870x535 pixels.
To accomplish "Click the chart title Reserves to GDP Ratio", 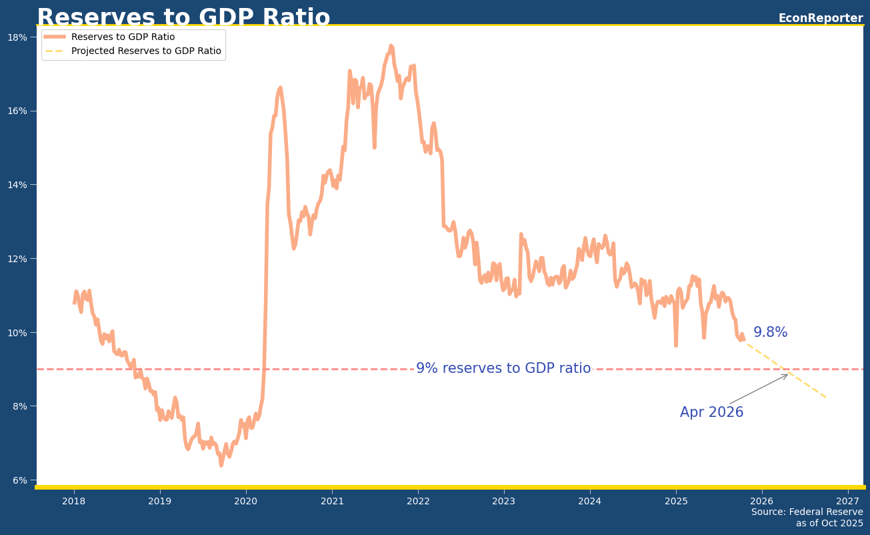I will click(x=183, y=17).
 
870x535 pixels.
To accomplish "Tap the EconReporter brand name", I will click(x=820, y=18).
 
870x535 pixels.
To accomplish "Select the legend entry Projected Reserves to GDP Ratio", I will click(x=146, y=51).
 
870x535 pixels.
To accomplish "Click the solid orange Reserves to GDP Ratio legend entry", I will click(x=123, y=37).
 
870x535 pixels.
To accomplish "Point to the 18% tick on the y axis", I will click(x=18, y=37).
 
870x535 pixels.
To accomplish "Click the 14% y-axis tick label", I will click(x=18, y=185).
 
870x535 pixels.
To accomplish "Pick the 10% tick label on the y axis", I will click(x=18, y=332).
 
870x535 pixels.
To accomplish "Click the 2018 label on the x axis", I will click(x=73, y=501).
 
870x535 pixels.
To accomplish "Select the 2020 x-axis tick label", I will click(x=245, y=501).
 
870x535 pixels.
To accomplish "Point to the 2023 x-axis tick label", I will click(x=504, y=501).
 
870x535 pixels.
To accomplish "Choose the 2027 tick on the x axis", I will click(x=848, y=501).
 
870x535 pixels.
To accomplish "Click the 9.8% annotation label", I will click(x=770, y=332).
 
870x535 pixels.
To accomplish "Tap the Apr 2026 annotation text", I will click(x=711, y=412).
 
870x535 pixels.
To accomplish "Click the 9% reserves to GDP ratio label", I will click(x=503, y=368).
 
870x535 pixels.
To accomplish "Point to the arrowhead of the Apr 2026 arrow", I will click(x=787, y=375).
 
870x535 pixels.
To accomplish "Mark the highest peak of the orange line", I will click(x=391, y=46).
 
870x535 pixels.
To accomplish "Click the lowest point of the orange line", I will click(x=221, y=465).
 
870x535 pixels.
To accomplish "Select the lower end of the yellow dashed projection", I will click(x=827, y=398).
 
